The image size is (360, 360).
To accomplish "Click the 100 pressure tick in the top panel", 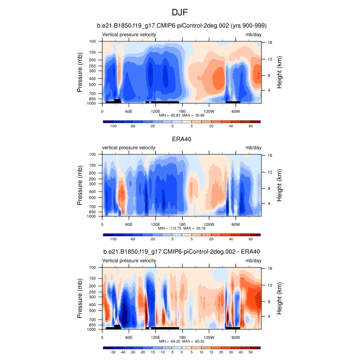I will coord(92,41).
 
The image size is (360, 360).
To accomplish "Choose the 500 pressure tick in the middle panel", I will coord(92,198).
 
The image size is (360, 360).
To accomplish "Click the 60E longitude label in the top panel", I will coord(129,111).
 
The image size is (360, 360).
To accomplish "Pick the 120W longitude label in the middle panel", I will coord(209,224).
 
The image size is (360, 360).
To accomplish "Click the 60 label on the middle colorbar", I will coord(251,239).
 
